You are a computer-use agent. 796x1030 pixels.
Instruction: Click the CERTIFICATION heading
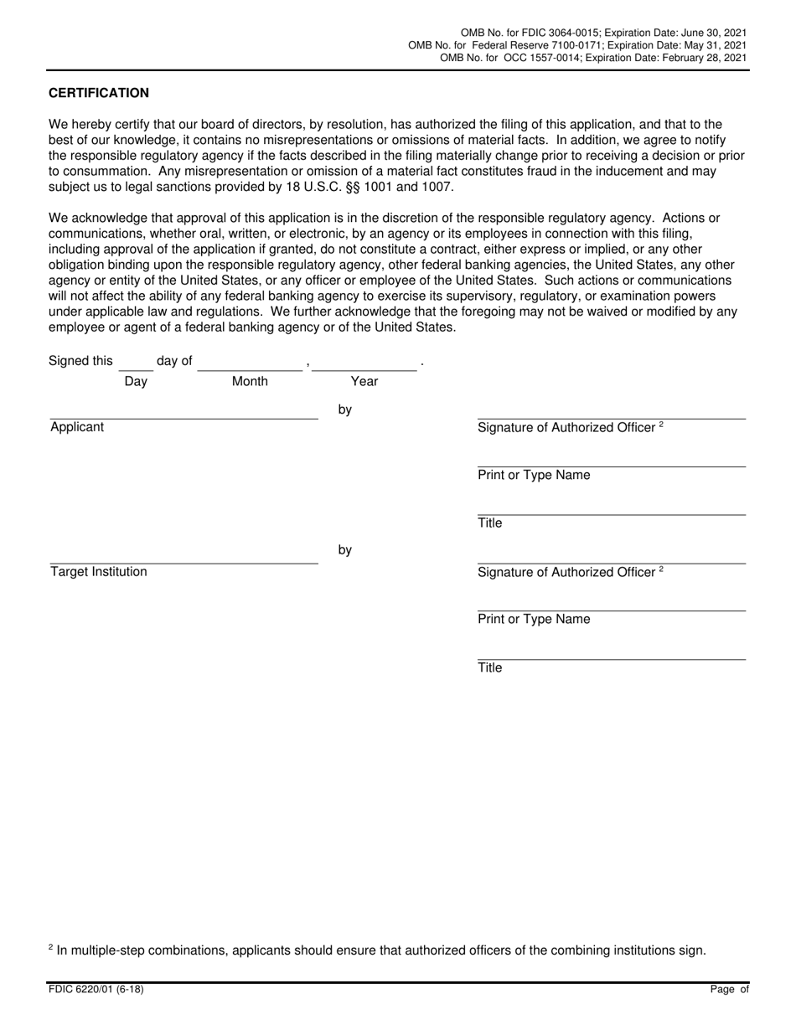99,93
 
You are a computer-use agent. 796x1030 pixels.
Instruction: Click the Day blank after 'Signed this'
136,363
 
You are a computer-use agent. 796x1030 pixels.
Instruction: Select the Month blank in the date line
250,363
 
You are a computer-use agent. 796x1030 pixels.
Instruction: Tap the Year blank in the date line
364,363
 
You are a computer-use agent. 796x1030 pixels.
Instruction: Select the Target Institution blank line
183,557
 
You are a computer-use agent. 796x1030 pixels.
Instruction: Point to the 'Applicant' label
77,427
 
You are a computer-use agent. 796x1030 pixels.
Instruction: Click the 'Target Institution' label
99,572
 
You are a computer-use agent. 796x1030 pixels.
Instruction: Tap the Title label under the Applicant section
490,523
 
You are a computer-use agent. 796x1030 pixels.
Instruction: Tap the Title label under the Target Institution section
490,668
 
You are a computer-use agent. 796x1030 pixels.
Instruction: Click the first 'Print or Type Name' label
534,476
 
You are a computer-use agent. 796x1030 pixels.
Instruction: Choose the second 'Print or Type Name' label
534,620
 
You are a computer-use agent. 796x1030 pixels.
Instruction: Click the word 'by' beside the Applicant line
344,410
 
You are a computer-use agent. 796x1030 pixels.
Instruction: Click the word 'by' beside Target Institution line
344,550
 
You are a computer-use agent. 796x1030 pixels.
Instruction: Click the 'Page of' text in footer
729,990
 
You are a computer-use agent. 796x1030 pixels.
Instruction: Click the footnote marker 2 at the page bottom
51,947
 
